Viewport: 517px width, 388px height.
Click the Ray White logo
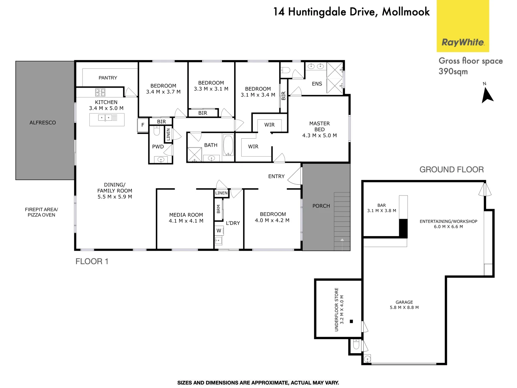(463, 42)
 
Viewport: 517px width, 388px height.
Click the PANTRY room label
(108, 78)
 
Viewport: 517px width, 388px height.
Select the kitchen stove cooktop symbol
(100, 92)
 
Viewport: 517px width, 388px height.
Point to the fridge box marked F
(143, 125)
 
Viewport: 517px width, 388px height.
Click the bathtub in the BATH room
(228, 145)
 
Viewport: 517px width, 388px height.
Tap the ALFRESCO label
(43, 123)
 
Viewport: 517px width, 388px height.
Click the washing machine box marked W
(219, 231)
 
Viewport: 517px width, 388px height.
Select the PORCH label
(321, 206)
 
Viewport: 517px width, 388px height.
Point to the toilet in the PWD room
(157, 131)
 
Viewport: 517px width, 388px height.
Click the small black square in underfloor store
(351, 322)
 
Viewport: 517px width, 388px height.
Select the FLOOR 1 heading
(92, 262)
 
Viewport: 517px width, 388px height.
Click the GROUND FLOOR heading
(451, 170)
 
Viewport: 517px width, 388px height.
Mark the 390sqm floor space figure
(453, 71)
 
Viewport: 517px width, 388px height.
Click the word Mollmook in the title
(406, 12)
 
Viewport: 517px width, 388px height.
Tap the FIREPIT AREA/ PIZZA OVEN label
(41, 212)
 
